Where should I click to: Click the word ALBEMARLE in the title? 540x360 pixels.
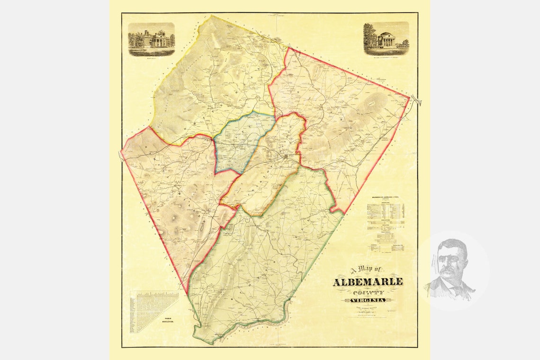[x=368, y=282]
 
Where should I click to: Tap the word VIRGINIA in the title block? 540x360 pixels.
[x=368, y=300]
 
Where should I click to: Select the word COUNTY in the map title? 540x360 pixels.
[x=368, y=292]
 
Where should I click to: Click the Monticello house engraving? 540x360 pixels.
[x=152, y=38]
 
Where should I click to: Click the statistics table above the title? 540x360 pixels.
[x=386, y=223]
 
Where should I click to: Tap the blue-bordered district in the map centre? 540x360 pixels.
[x=242, y=142]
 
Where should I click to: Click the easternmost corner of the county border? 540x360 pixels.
[x=409, y=98]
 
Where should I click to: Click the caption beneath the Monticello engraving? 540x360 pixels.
[x=152, y=54]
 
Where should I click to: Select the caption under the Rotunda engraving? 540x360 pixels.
[x=386, y=53]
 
